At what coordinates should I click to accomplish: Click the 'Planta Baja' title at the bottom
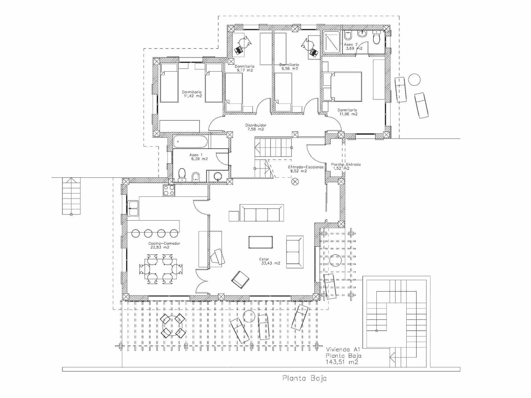pyautogui.click(x=304, y=378)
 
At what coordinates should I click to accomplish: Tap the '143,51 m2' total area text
pyautogui.click(x=342, y=362)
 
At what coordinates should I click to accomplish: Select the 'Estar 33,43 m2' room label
pyautogui.click(x=269, y=261)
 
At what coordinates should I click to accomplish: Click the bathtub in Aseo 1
pyautogui.click(x=190, y=142)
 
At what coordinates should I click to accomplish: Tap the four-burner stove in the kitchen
pyautogui.click(x=169, y=190)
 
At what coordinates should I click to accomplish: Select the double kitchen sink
pyautogui.click(x=133, y=208)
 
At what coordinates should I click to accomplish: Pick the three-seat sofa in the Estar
pyautogui.click(x=262, y=213)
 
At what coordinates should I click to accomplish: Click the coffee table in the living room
pyautogui.click(x=261, y=242)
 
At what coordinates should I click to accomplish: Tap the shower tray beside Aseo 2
pyautogui.click(x=332, y=42)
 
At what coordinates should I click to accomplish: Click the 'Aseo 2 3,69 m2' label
pyautogui.click(x=352, y=46)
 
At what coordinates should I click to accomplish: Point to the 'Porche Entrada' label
pyautogui.click(x=345, y=165)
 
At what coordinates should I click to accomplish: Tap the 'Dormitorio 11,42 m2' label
pyautogui.click(x=191, y=94)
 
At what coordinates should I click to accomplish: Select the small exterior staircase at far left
pyautogui.click(x=71, y=196)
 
